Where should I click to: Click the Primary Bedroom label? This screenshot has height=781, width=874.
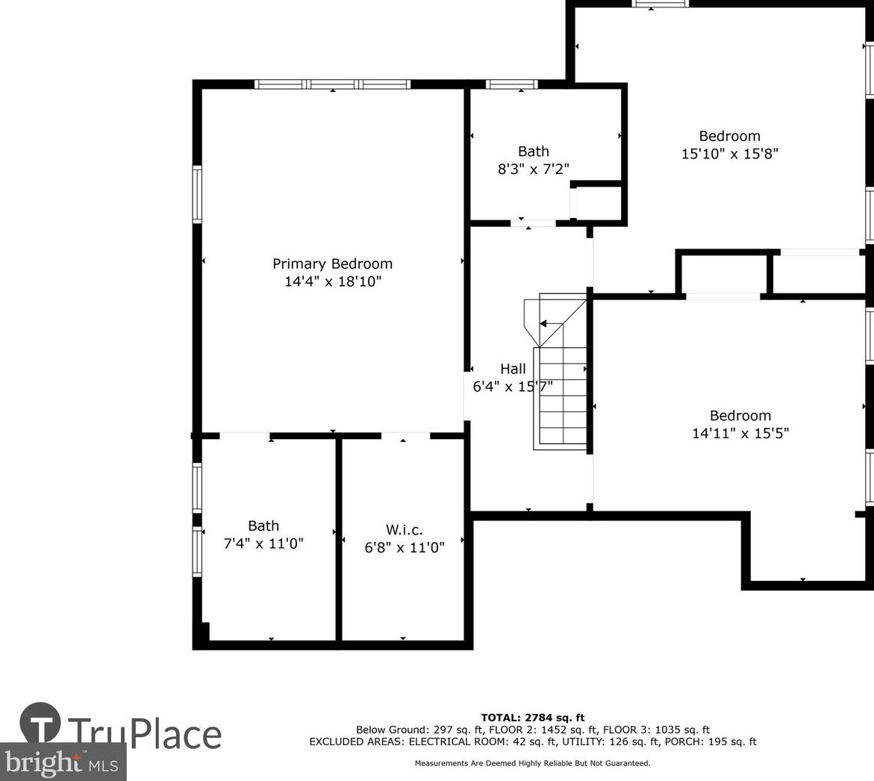(332, 264)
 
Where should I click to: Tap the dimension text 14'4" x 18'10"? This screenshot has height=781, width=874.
(333, 281)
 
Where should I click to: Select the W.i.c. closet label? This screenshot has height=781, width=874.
(404, 529)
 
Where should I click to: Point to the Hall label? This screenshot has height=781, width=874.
(513, 369)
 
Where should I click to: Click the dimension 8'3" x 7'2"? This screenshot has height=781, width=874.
(534, 169)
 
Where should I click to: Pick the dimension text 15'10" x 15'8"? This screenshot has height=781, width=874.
(730, 153)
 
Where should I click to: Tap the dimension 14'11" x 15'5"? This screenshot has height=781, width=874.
(740, 433)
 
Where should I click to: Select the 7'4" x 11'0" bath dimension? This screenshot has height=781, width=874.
(263, 543)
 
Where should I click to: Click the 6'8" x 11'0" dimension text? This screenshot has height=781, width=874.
(404, 547)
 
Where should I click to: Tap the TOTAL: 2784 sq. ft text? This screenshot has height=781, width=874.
(533, 718)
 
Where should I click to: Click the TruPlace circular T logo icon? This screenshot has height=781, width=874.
(40, 723)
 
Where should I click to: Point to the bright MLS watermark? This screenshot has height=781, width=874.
(63, 762)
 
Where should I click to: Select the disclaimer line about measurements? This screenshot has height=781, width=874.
(532, 763)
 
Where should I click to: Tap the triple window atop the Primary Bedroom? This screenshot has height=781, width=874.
(333, 84)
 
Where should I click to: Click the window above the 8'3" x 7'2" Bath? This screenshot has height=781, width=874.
(512, 84)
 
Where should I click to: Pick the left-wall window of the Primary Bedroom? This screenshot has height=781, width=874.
(197, 195)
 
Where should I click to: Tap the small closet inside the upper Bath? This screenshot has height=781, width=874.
(596, 202)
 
